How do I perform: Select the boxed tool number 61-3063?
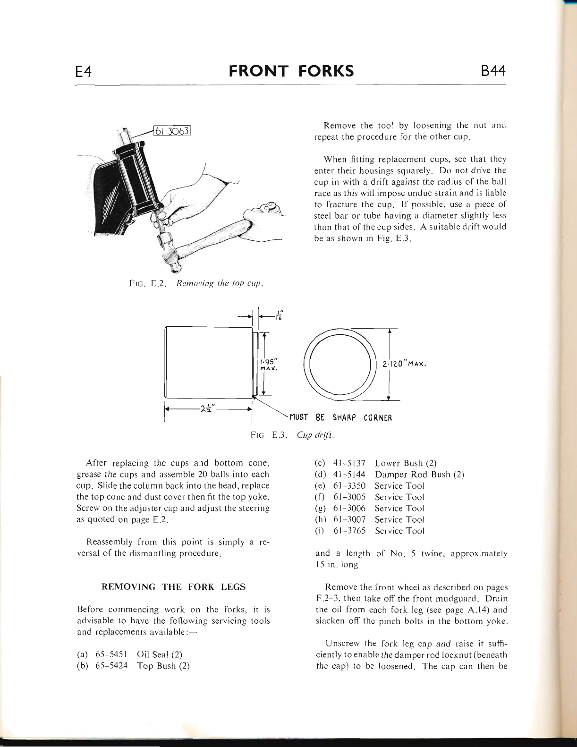point(171,131)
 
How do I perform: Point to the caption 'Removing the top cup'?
point(219,284)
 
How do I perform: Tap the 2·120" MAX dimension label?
point(405,364)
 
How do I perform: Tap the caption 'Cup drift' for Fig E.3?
point(316,434)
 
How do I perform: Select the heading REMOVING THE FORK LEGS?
point(174,587)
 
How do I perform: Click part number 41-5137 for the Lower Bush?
point(349,463)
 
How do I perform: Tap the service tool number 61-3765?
point(349,531)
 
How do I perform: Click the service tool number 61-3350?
point(349,486)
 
